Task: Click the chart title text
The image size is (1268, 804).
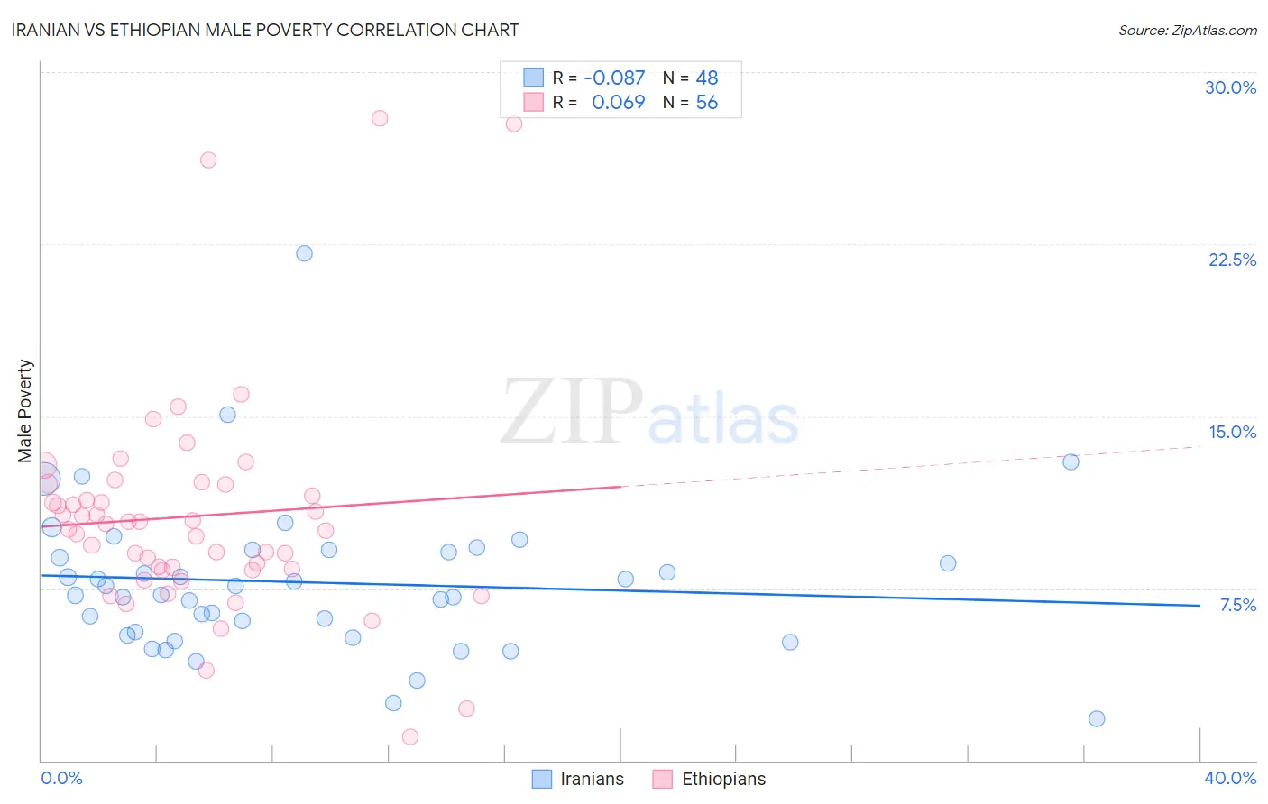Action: [x=265, y=30]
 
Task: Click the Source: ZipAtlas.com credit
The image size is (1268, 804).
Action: [x=1187, y=30]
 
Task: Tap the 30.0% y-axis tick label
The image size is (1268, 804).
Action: [x=1230, y=87]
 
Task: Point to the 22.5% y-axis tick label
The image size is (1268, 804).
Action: [x=1232, y=260]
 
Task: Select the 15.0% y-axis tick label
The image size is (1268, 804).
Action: [x=1232, y=432]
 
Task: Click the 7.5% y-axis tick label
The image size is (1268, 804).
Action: [x=1237, y=605]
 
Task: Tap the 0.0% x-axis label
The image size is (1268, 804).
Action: [x=61, y=778]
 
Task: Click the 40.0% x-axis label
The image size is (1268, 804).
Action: [x=1229, y=778]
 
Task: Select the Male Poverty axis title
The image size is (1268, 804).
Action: [x=25, y=411]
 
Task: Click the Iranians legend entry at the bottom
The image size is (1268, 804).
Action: [x=592, y=779]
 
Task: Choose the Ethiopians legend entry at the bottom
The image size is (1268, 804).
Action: [x=723, y=779]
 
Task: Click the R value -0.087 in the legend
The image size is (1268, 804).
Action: [x=614, y=78]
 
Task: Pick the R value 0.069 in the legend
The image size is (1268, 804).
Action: [x=618, y=103]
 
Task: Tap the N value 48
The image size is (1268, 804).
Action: [x=707, y=78]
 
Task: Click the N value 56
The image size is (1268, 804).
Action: [x=707, y=103]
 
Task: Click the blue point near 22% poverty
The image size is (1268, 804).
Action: [x=304, y=253]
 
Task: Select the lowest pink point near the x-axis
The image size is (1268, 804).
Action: [x=409, y=736]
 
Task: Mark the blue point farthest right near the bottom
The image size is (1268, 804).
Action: [x=1097, y=718]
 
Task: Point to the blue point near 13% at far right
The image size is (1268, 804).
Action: [x=1070, y=461]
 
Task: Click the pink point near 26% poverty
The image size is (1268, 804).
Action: [x=208, y=160]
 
